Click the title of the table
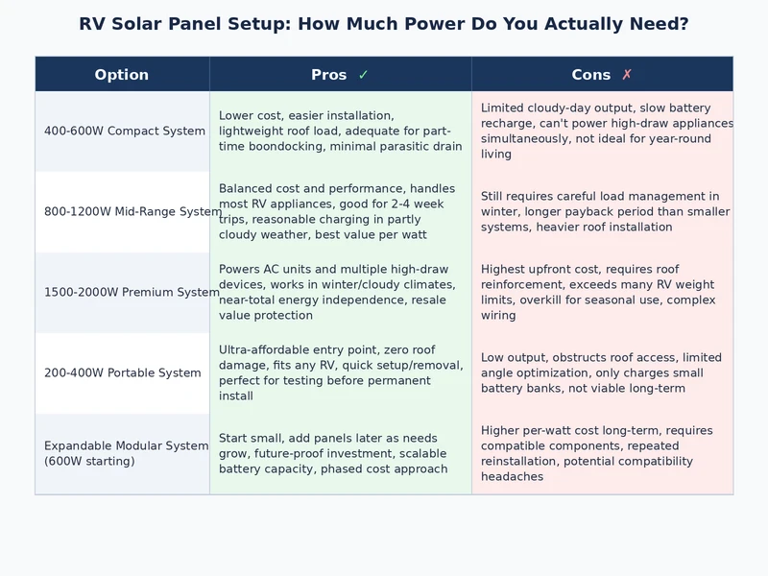384,24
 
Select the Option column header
122,75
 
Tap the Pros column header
329,75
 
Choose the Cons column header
590,75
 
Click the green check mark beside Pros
363,75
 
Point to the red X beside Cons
627,75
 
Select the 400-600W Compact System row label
125,132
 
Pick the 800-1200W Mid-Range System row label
132,212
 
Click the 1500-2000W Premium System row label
132,293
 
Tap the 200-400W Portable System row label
123,373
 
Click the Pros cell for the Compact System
340,132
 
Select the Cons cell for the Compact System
602,132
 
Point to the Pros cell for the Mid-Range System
340,212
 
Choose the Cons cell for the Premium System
602,293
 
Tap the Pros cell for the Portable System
340,373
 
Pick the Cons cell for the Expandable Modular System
602,454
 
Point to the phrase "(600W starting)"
89,462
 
